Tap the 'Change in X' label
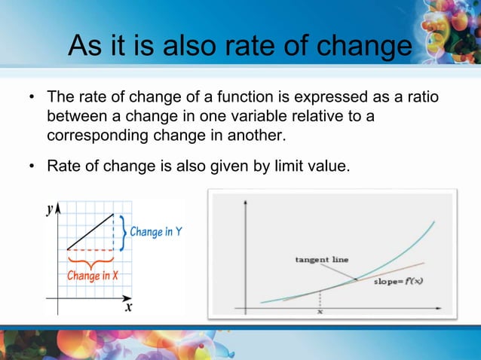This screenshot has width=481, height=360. [93, 276]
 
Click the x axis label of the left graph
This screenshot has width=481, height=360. [128, 307]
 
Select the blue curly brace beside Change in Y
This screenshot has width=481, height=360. [123, 232]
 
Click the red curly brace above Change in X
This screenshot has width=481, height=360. [90, 261]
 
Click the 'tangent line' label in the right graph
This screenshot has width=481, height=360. [321, 260]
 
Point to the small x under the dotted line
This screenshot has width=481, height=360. [320, 311]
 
